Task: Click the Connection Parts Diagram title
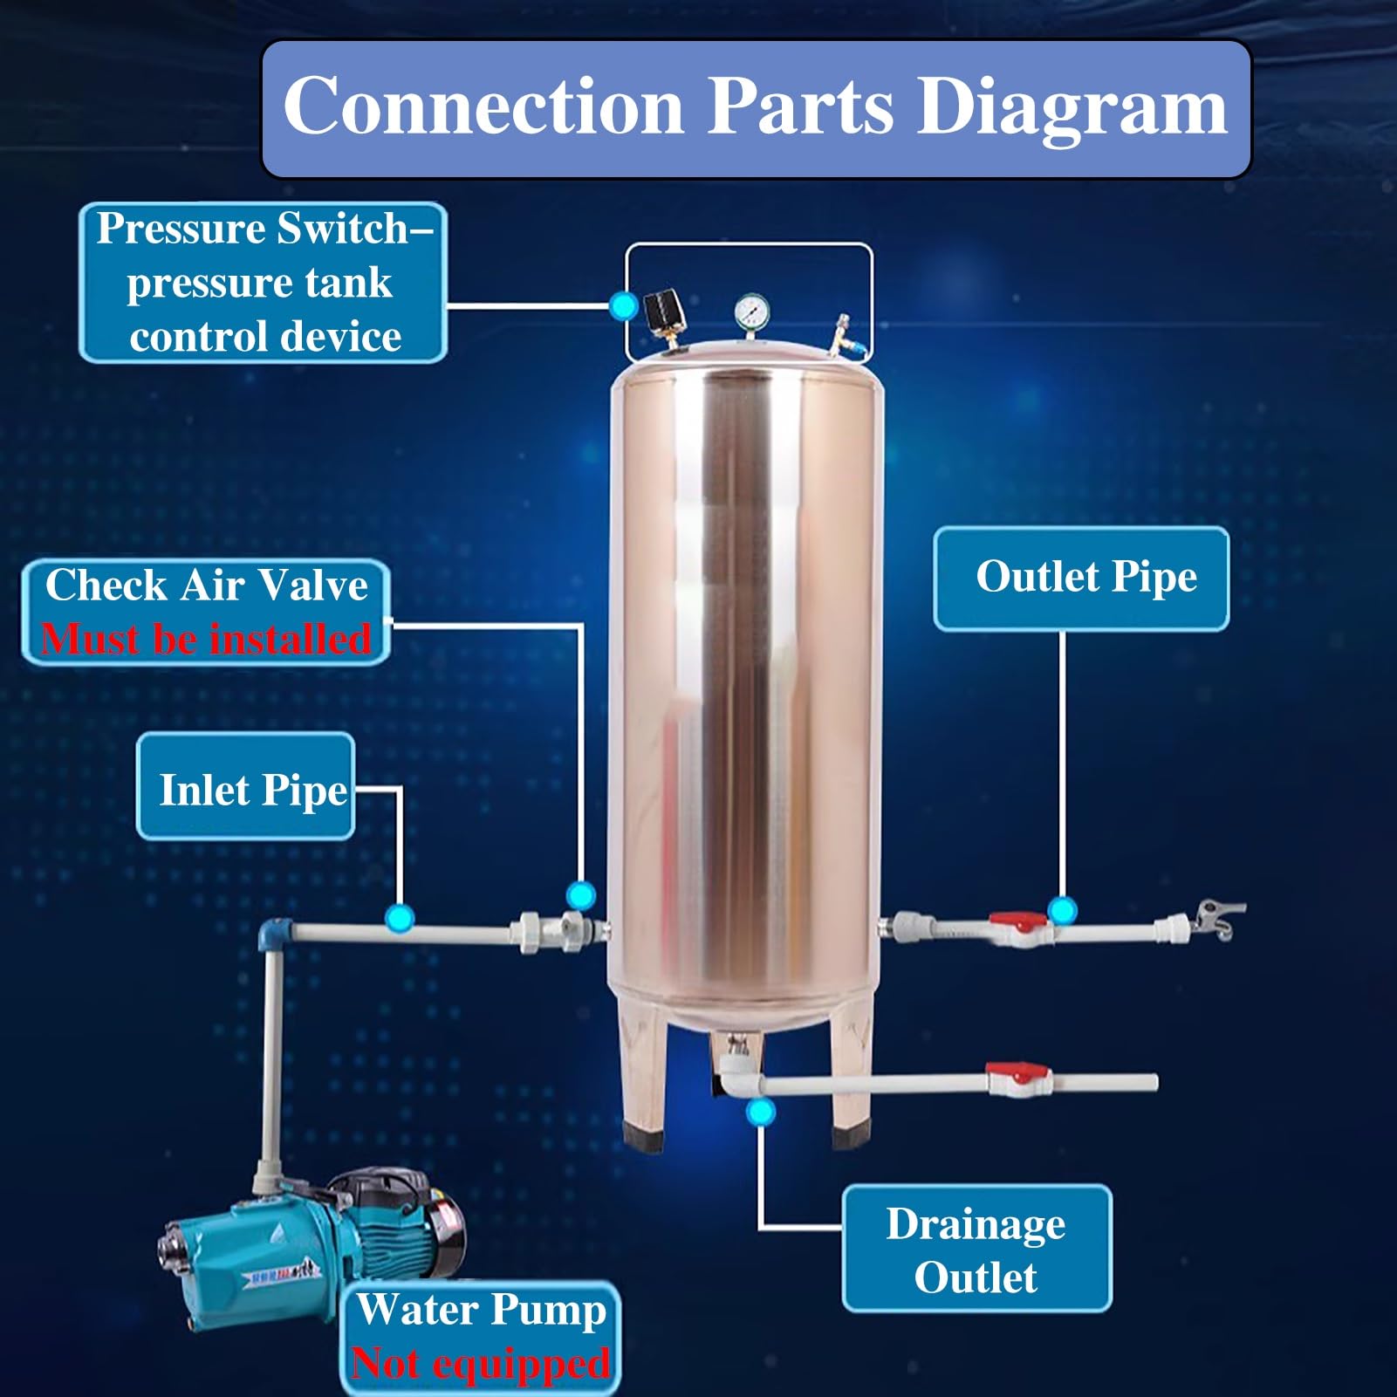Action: click(756, 106)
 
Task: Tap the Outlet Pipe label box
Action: click(1081, 578)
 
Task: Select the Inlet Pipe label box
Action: click(246, 788)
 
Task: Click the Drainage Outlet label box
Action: click(976, 1250)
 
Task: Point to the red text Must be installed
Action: click(206, 640)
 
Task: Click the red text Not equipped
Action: click(480, 1364)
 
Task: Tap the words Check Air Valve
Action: click(206, 585)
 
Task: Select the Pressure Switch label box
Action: click(263, 282)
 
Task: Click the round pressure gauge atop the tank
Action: click(751, 311)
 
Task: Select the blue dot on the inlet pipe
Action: click(400, 918)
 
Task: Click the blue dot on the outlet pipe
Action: click(1062, 911)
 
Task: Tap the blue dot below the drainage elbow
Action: click(761, 1112)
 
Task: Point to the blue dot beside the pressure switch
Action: click(623, 305)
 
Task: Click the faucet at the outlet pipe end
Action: click(1216, 920)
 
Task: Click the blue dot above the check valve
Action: click(580, 895)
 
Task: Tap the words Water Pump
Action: click(481, 1310)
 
